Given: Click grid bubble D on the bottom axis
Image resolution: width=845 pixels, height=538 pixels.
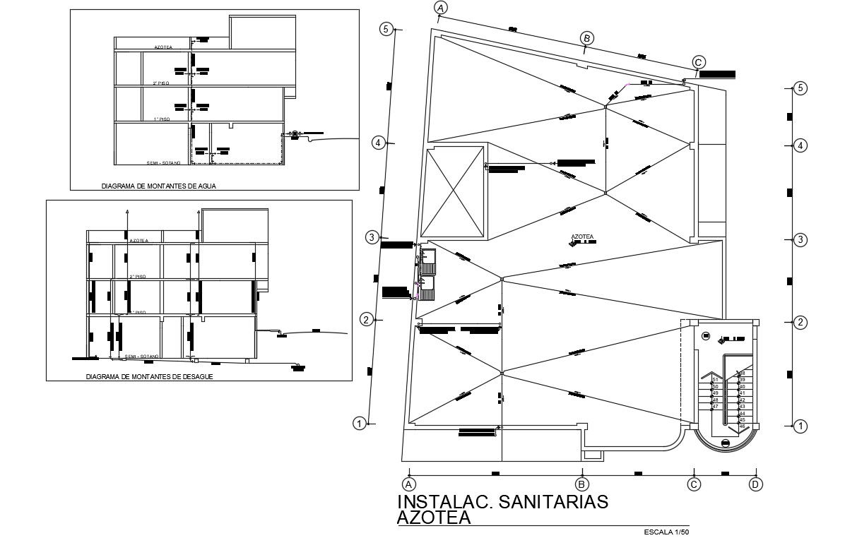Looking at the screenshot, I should coord(756,484).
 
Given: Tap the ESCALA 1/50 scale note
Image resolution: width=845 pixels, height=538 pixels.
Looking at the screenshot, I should coord(667,531).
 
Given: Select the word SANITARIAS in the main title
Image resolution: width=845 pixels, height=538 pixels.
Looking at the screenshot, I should coord(553,501).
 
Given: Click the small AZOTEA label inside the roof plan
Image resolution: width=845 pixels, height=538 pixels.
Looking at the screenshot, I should coord(581,237).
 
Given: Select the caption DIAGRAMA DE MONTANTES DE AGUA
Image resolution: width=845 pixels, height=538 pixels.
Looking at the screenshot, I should coord(159,187).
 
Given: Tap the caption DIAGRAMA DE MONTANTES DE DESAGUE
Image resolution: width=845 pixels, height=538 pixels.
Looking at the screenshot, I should coord(149,377).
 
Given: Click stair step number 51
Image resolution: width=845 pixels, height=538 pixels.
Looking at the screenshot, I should coord(715,381).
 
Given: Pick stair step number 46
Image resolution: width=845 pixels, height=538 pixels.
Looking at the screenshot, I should coord(742,426).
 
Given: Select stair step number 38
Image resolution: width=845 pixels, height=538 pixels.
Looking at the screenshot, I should coord(742,373).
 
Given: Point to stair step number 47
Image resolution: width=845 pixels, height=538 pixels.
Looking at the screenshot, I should coord(715,407).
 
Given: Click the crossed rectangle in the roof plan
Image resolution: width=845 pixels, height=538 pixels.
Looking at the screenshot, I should coord(453,192).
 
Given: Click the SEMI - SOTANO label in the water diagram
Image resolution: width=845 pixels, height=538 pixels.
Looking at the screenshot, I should coord(163,163).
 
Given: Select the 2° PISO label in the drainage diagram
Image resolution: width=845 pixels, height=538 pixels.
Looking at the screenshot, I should coord(138,277).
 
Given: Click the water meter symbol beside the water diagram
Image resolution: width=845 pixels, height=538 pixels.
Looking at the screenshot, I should coord(295,133).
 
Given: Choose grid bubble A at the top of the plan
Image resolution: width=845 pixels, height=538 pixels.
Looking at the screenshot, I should coord(440,8).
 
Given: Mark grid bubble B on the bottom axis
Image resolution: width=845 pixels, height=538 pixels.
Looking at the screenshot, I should coord(581,484).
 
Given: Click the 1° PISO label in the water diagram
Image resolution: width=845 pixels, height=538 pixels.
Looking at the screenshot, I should coord(162,120).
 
